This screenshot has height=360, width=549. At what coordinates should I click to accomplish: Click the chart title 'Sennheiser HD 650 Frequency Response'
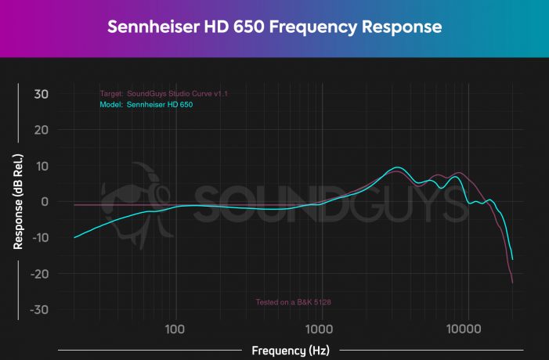pyautogui.click(x=274, y=27)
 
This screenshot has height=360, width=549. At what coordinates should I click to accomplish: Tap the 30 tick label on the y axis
pyautogui.click(x=40, y=94)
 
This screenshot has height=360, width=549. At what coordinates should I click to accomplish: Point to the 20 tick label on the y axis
pyautogui.click(x=40, y=130)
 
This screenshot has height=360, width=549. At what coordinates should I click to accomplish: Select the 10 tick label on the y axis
pyautogui.click(x=41, y=166)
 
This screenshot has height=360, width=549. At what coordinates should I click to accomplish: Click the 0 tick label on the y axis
pyautogui.click(x=44, y=202)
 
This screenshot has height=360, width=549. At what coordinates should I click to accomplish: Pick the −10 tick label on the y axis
pyautogui.click(x=38, y=238)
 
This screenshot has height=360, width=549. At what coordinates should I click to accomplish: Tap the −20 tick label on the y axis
pyautogui.click(x=38, y=274)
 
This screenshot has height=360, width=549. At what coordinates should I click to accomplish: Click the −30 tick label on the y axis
pyautogui.click(x=38, y=310)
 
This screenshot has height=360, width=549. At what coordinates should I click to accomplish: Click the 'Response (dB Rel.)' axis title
pyautogui.click(x=16, y=202)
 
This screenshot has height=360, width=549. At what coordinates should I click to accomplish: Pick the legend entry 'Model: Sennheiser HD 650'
pyautogui.click(x=146, y=103)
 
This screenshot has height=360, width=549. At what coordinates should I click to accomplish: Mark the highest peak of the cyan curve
pyautogui.click(x=399, y=167)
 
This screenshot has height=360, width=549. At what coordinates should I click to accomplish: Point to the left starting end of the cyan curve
pyautogui.click(x=74, y=237)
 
